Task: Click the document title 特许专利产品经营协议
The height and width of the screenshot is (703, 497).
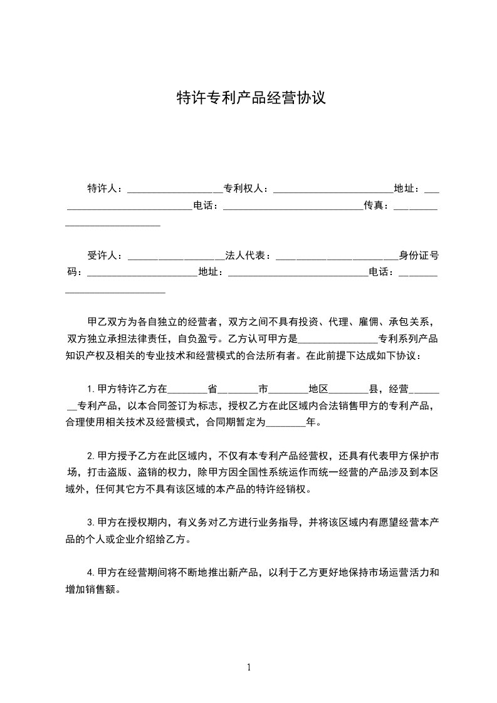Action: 251,98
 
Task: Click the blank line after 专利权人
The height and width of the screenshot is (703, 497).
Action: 333,189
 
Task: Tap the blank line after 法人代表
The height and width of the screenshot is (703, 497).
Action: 336,257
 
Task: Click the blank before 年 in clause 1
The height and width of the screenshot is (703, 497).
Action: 285,424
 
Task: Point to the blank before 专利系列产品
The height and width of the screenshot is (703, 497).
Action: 337,341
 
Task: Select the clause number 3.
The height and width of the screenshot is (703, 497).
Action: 90,522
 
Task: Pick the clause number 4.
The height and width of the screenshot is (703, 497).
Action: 90,572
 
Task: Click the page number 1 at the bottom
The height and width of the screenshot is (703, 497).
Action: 249,667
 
